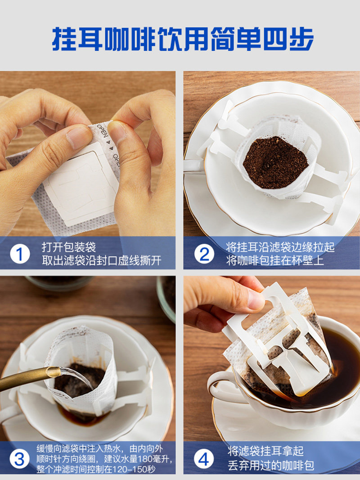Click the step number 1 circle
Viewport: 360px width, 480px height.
(20, 254)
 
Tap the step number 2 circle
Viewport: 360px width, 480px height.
(204, 254)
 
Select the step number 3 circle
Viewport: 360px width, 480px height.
(20, 459)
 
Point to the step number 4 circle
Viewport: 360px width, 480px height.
(203, 459)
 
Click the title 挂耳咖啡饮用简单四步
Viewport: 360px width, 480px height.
(183, 39)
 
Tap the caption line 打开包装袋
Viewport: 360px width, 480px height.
(69, 247)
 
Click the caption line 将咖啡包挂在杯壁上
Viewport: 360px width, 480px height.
(275, 260)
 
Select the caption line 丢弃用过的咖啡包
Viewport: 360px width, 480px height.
(270, 465)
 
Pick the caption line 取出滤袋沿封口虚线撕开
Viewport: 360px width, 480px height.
(102, 260)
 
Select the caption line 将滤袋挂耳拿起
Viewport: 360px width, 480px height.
(265, 451)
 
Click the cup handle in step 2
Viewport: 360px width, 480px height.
(193, 165)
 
